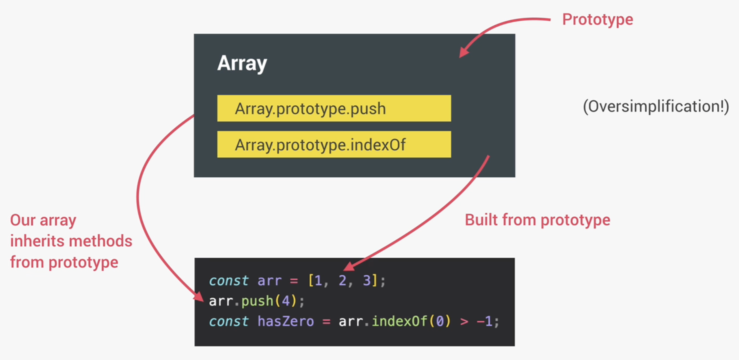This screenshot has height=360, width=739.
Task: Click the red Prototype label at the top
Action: coord(597,19)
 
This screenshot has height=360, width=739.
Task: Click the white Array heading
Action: coord(242,63)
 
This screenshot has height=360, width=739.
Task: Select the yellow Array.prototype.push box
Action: coord(334,108)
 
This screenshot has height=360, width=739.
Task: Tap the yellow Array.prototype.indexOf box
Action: coord(334,144)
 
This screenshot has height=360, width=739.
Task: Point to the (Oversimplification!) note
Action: coord(656,107)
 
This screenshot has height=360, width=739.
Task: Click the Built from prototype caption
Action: coord(537,220)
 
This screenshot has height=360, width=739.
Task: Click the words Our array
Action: coord(43,220)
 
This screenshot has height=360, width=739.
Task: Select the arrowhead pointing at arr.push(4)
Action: coord(199,296)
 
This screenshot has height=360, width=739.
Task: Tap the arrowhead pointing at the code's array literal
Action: coord(349,266)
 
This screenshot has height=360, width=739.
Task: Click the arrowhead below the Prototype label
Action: coord(463,52)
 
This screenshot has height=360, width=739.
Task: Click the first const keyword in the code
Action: coord(229,281)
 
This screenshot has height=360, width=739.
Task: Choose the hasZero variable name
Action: coord(286,321)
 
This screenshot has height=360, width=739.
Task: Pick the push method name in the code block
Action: coord(257,301)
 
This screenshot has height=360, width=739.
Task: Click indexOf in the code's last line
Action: coord(399,321)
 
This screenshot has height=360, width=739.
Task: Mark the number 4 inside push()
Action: coord(286,301)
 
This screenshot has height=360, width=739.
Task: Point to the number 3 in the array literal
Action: coord(367,281)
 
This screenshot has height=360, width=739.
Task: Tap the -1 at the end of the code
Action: coord(485,321)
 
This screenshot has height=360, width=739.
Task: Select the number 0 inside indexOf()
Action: coord(440,321)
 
